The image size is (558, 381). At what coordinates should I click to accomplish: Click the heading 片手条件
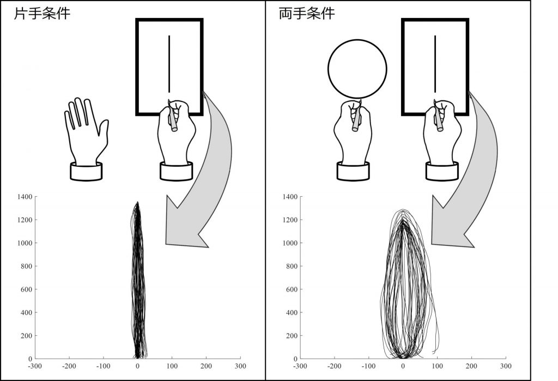pos(42,14)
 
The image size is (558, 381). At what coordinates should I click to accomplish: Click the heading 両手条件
pos(307,14)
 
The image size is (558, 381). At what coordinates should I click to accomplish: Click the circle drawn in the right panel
pos(357,40)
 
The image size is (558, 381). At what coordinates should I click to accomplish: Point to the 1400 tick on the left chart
pos(25,197)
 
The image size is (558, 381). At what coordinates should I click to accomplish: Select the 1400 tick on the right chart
pos(290,197)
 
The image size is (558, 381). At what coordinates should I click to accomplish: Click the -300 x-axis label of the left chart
pos(35,366)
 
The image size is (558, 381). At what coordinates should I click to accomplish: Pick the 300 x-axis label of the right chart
pos(506,366)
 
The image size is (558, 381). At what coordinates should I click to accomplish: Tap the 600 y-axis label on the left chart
pos(26,289)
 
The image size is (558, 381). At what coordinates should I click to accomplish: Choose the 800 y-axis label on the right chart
pos(292,267)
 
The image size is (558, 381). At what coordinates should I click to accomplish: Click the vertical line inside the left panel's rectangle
pos(169,64)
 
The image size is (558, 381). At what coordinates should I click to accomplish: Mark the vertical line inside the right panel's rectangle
pos(435,64)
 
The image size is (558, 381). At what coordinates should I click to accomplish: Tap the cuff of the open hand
pos(86,172)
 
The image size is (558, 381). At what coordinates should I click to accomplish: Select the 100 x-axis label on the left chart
pos(172,366)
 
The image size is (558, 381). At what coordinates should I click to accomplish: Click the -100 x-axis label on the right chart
pos(368,366)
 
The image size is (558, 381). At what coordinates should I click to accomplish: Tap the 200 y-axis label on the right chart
pos(292,336)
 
